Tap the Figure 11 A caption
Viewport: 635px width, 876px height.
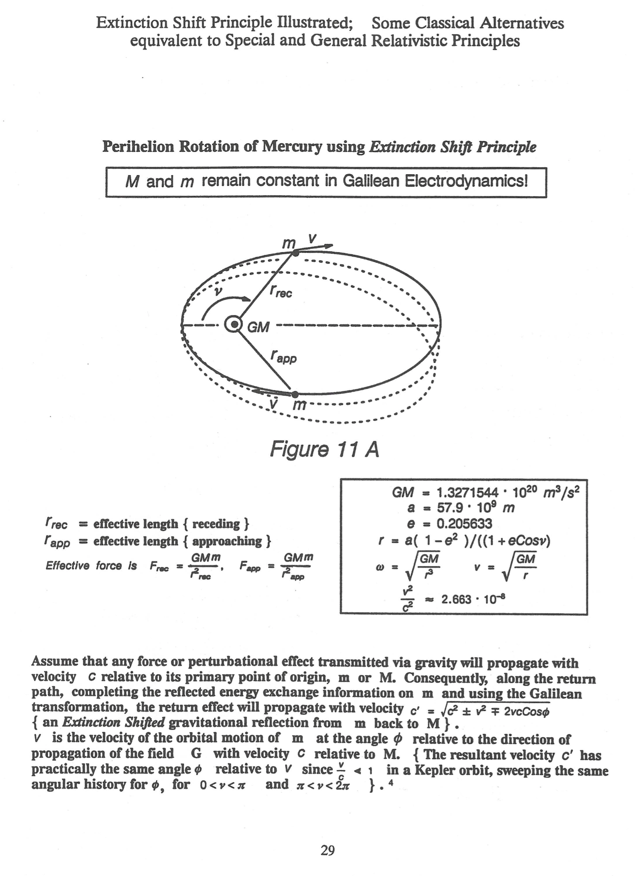[x=324, y=450]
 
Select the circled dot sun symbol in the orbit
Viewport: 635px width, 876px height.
[x=234, y=324]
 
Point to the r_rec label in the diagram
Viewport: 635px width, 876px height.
[x=281, y=292]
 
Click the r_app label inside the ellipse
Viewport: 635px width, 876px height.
[x=283, y=357]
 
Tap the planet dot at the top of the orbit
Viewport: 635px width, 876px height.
[x=295, y=253]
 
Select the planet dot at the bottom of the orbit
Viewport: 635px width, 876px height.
[x=295, y=394]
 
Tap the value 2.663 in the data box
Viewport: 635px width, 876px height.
[x=456, y=600]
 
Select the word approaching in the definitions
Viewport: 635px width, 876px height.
[x=227, y=541]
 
